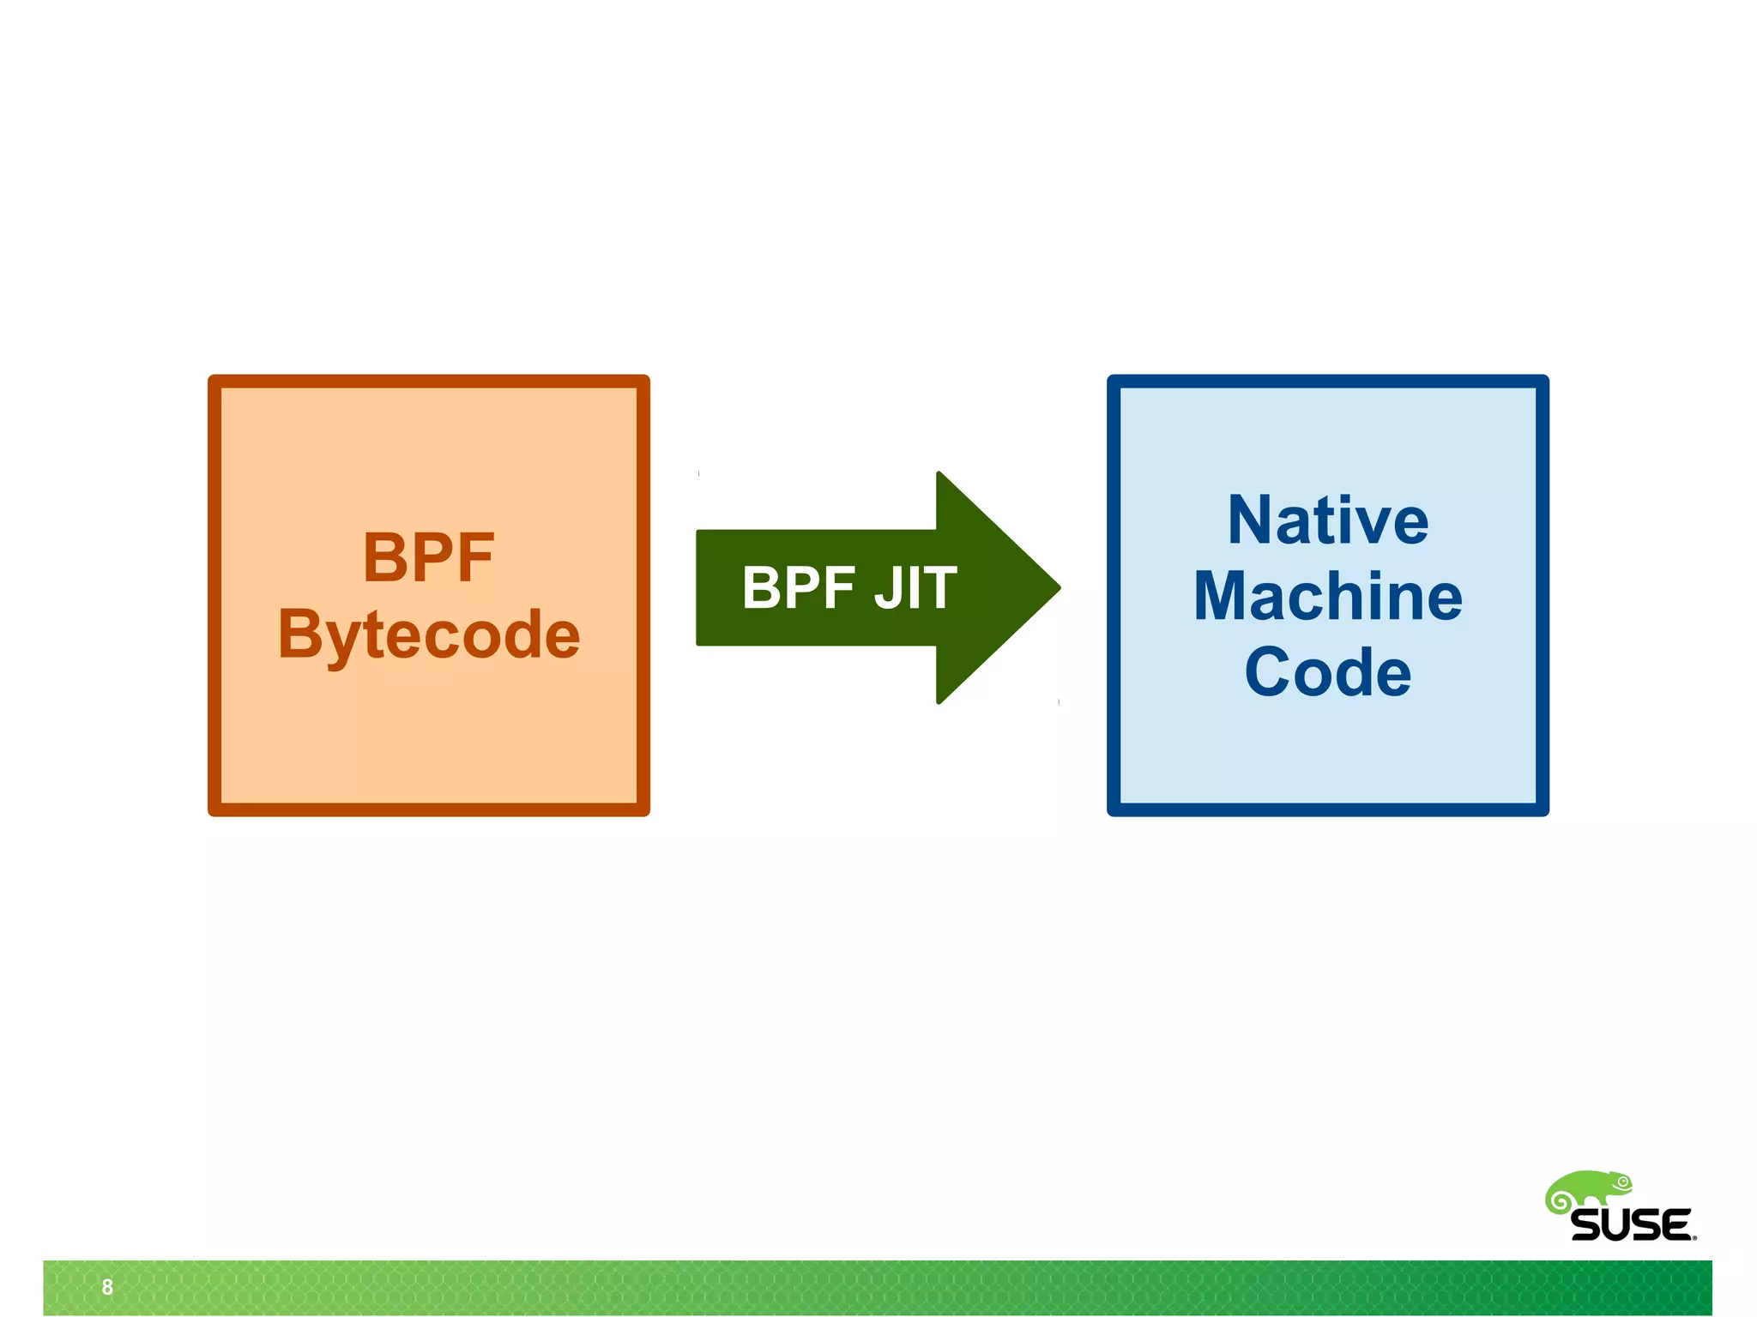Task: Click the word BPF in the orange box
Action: pos(428,558)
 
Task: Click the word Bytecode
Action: pos(428,635)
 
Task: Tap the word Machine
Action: pos(1327,597)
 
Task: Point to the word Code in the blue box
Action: pos(1327,672)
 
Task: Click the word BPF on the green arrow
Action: pos(798,588)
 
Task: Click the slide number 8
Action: pos(107,1287)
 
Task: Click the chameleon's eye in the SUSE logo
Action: pos(1622,1182)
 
